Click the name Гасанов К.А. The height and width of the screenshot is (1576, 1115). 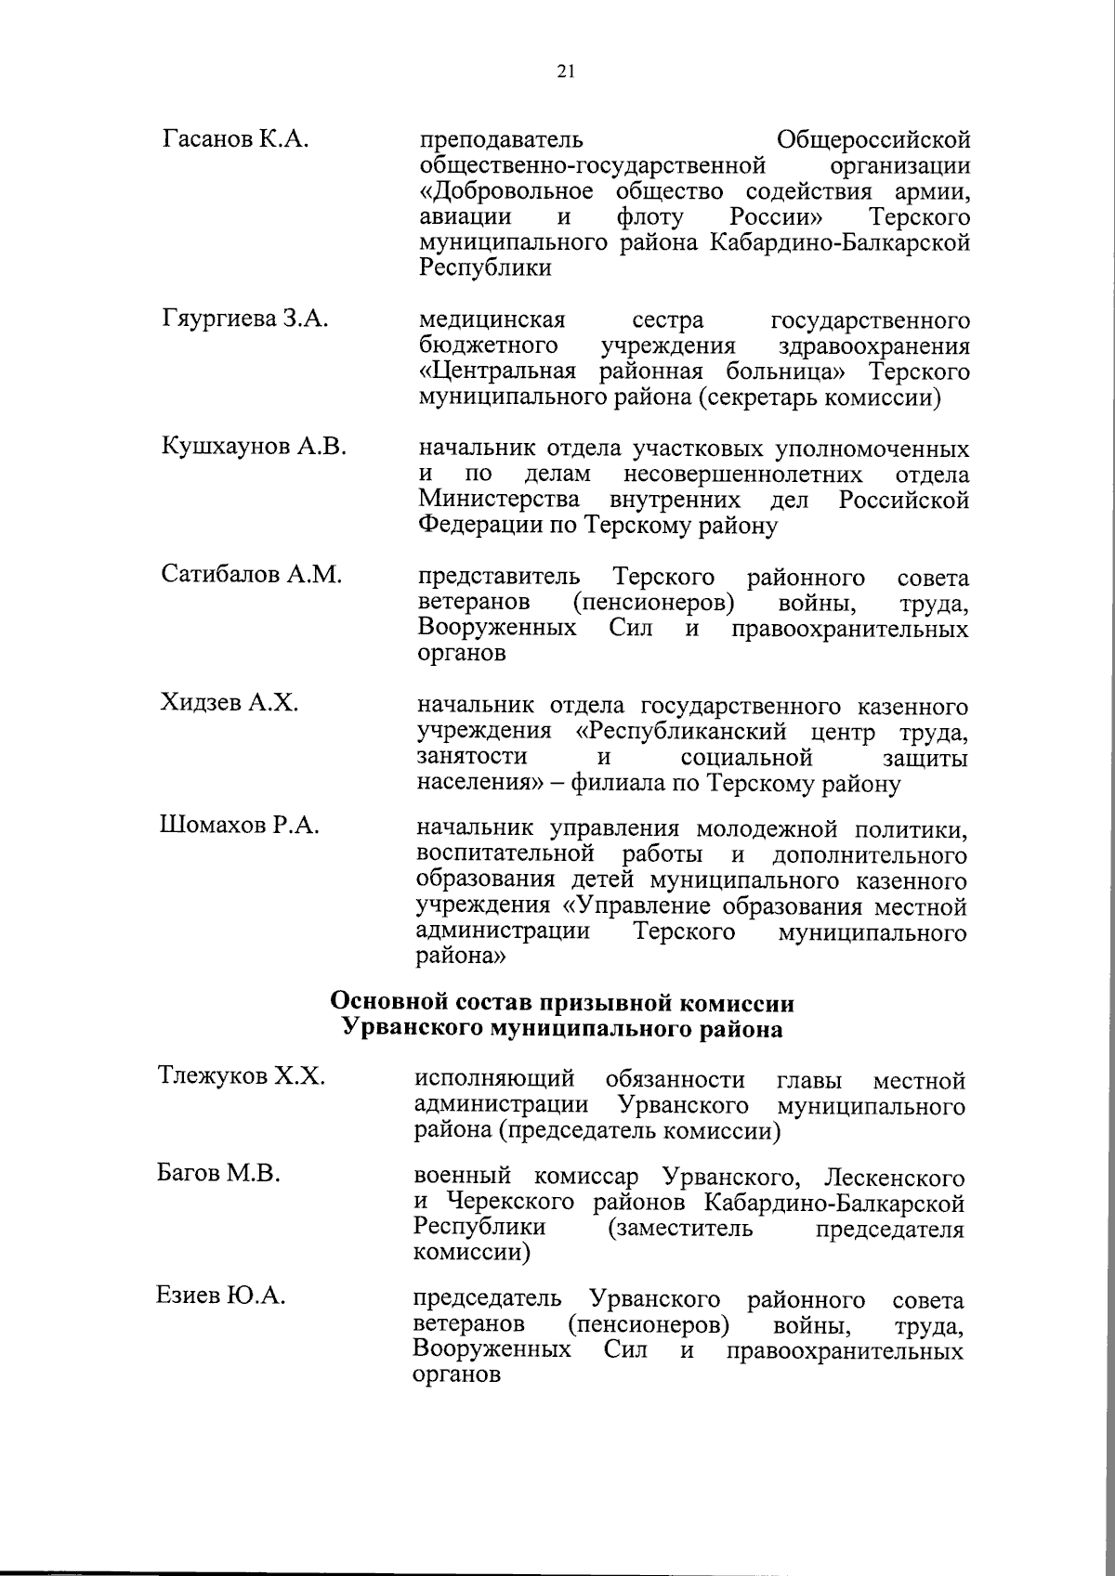pyautogui.click(x=236, y=140)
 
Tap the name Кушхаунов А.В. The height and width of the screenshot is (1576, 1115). pyautogui.click(x=254, y=447)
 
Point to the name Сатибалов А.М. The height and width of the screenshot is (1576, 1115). pyautogui.click(x=252, y=575)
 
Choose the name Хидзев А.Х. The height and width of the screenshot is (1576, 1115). pyautogui.click(x=230, y=702)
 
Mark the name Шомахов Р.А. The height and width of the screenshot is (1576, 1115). pyautogui.click(x=239, y=825)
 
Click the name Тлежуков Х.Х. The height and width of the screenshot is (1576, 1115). pyautogui.click(x=241, y=1076)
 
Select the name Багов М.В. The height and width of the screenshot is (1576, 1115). pyautogui.click(x=218, y=1174)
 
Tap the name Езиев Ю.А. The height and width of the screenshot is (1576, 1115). pyautogui.click(x=220, y=1295)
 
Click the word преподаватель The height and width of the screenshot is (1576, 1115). pyautogui.click(x=502, y=141)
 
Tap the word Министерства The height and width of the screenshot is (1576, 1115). pyautogui.click(x=500, y=500)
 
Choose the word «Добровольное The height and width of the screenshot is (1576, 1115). pyautogui.click(x=506, y=192)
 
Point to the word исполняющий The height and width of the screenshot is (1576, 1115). pyautogui.click(x=493, y=1080)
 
